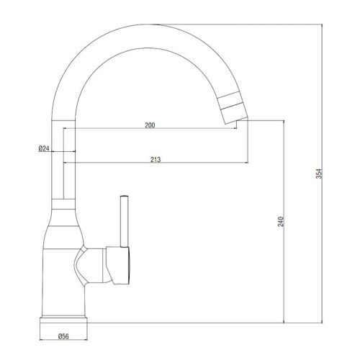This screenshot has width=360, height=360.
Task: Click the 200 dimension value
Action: click(150, 126)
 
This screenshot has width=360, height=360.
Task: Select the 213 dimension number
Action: click(156, 160)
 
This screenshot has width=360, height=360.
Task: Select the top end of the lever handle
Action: click(124, 196)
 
